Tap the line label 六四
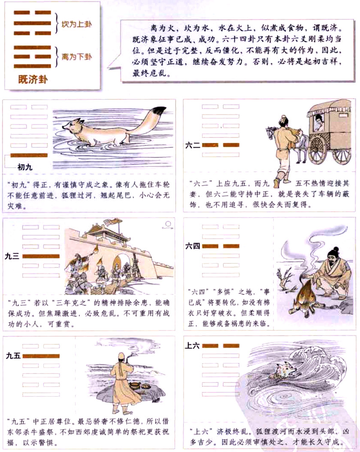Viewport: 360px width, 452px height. (x=193, y=246)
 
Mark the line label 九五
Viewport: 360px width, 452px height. (x=13, y=356)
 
